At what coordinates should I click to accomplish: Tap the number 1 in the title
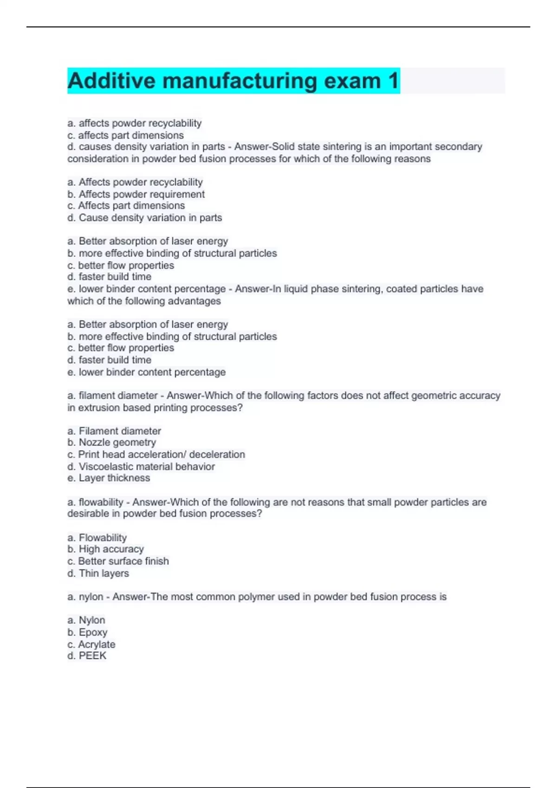pyautogui.click(x=393, y=81)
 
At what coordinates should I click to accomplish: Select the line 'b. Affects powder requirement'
pyautogui.click(x=136, y=194)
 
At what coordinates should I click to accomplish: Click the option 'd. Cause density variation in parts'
pyautogui.click(x=145, y=217)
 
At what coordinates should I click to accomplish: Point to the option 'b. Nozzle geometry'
pyautogui.click(x=112, y=442)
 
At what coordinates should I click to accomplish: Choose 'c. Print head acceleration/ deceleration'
pyautogui.click(x=156, y=454)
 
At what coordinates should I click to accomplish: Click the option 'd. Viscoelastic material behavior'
pyautogui.click(x=141, y=466)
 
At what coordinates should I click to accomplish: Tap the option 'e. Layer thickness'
pyautogui.click(x=109, y=478)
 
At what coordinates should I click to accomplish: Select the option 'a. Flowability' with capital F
pyautogui.click(x=97, y=538)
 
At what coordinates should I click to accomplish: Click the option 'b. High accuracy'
pyautogui.click(x=105, y=549)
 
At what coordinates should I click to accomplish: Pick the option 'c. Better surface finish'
pyautogui.click(x=118, y=561)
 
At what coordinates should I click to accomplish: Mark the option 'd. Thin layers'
pyautogui.click(x=98, y=573)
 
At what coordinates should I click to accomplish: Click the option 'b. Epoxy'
pyautogui.click(x=87, y=632)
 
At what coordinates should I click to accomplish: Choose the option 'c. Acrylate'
pyautogui.click(x=91, y=644)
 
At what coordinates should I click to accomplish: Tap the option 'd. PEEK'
pyautogui.click(x=87, y=656)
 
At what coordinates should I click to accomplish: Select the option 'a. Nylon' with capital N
pyautogui.click(x=86, y=620)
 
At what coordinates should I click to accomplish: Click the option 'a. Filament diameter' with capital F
pyautogui.click(x=114, y=431)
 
